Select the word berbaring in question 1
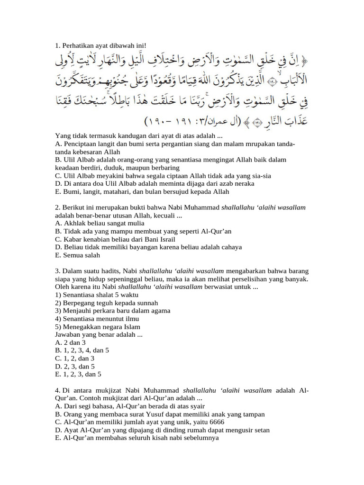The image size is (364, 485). [162, 168]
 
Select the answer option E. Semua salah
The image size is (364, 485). [77, 256]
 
